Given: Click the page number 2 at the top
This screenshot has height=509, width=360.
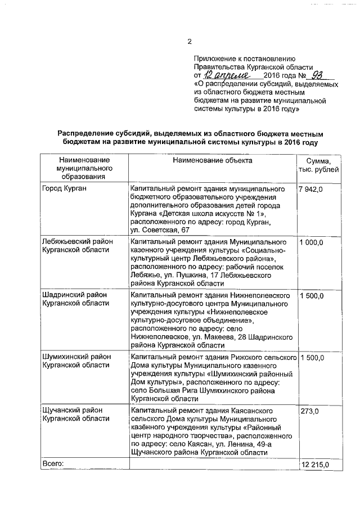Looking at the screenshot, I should pos(190,42).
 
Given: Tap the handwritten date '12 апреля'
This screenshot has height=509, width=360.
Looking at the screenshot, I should pos(223,75).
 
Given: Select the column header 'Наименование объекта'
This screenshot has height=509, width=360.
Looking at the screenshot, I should pos(213,160).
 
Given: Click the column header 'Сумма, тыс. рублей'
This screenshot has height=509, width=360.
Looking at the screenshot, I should pos(318,165).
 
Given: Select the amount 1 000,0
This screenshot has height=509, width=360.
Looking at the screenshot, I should pos(312,242).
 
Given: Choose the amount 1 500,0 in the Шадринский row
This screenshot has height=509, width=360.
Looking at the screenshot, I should pos(312,295).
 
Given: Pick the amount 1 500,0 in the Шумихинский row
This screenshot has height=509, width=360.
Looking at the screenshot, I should pos(312,358).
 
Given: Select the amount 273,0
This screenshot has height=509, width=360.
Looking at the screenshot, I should pos(310,411).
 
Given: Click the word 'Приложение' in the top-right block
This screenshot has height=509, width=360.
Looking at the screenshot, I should pos(214,58).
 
